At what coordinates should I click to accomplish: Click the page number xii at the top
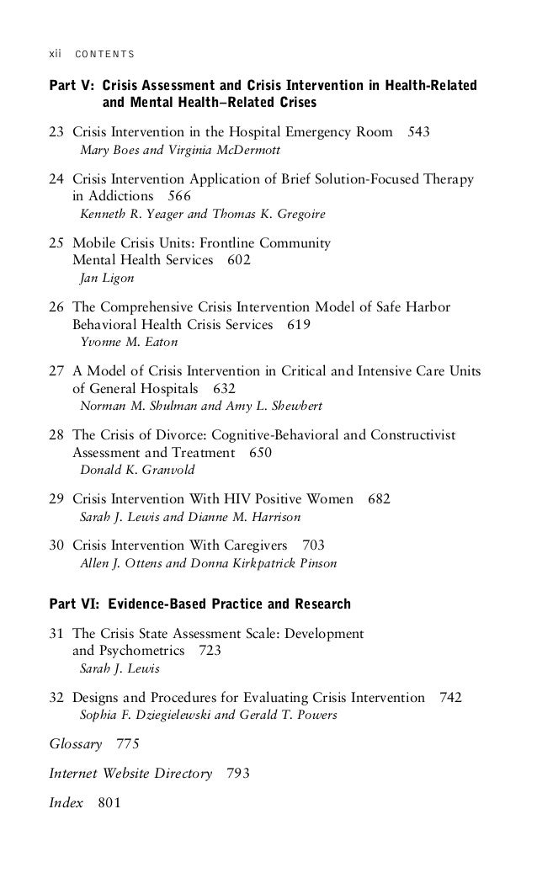(56, 55)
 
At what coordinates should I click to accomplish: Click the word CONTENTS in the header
(105, 56)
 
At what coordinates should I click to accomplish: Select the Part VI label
(73, 604)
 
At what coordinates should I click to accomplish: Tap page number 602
(239, 261)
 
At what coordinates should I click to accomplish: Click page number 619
(299, 325)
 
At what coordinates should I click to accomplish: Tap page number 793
(239, 774)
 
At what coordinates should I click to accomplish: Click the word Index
(66, 803)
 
